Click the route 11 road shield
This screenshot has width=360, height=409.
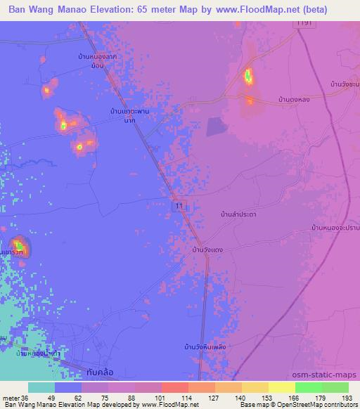(x=179, y=204)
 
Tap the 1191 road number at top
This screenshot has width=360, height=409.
(x=303, y=24)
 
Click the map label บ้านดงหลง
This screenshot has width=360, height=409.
(x=294, y=100)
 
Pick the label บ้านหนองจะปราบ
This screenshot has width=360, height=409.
(x=335, y=228)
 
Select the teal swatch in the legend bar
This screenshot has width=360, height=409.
(x=41, y=387)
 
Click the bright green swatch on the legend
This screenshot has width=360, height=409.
(x=308, y=387)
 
